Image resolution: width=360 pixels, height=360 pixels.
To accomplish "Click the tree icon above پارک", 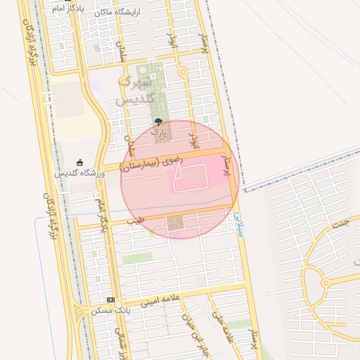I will click(159, 122).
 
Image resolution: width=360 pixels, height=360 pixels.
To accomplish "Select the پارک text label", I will click(159, 131).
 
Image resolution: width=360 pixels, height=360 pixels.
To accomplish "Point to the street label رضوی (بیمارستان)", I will click(151, 163).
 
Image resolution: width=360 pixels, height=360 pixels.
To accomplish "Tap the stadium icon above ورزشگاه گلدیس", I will click(79, 162).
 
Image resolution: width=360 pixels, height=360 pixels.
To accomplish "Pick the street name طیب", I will click(134, 221).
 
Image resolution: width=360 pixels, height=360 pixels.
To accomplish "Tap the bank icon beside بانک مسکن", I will click(110, 300).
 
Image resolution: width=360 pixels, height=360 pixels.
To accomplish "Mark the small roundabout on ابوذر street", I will click(184, 72).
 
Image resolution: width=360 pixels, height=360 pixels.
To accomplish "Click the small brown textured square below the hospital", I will click(174, 223).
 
